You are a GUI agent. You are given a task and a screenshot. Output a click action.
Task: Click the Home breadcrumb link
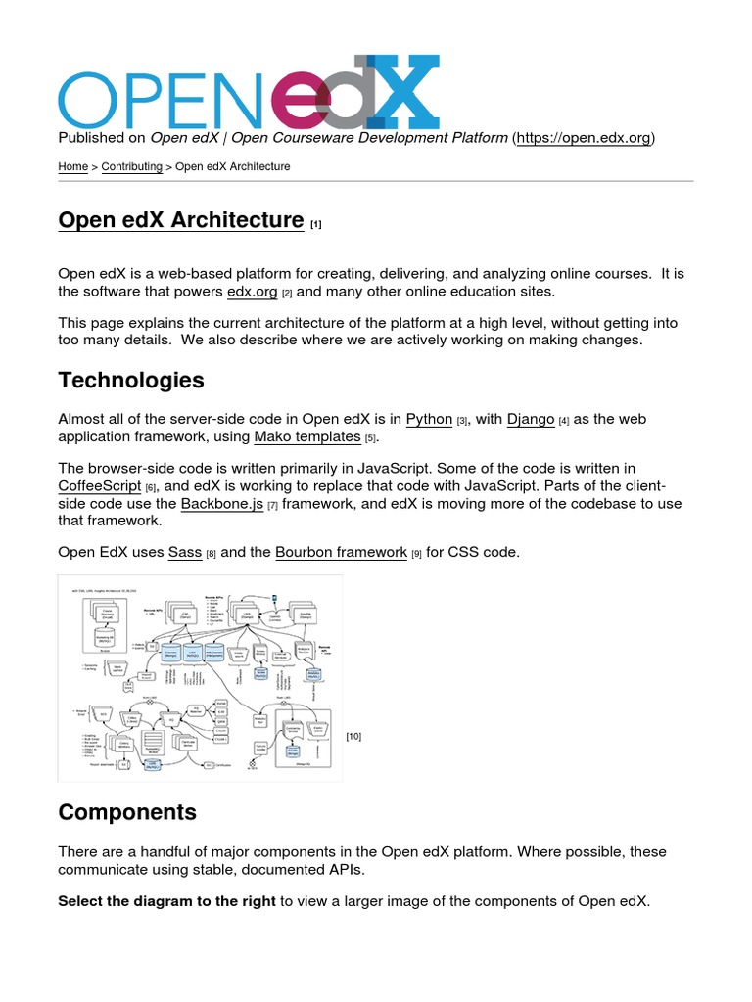72,167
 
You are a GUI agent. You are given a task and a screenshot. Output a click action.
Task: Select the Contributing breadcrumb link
132,167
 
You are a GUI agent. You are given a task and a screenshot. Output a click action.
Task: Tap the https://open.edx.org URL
584,138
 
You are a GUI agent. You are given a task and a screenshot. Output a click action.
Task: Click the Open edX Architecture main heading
180,220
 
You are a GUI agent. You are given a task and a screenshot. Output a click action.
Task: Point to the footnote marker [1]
316,224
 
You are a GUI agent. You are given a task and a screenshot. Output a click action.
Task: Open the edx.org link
252,292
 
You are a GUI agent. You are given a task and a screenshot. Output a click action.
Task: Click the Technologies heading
131,380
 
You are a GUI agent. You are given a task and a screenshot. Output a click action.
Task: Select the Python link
429,419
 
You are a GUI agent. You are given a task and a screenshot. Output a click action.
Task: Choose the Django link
531,419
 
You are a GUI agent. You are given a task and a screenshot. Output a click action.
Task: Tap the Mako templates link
307,436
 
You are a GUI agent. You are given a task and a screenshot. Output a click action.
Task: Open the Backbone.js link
222,503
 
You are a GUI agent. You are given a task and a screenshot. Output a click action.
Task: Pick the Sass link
185,552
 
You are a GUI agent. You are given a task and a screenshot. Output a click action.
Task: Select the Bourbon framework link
341,552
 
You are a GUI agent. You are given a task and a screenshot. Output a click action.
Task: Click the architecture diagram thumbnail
200,678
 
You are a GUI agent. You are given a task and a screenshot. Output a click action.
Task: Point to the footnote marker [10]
353,736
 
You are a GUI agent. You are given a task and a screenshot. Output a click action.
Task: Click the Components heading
127,812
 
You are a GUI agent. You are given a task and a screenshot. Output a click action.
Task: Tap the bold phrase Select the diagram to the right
166,900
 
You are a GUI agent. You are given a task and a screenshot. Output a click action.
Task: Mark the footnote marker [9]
416,554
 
